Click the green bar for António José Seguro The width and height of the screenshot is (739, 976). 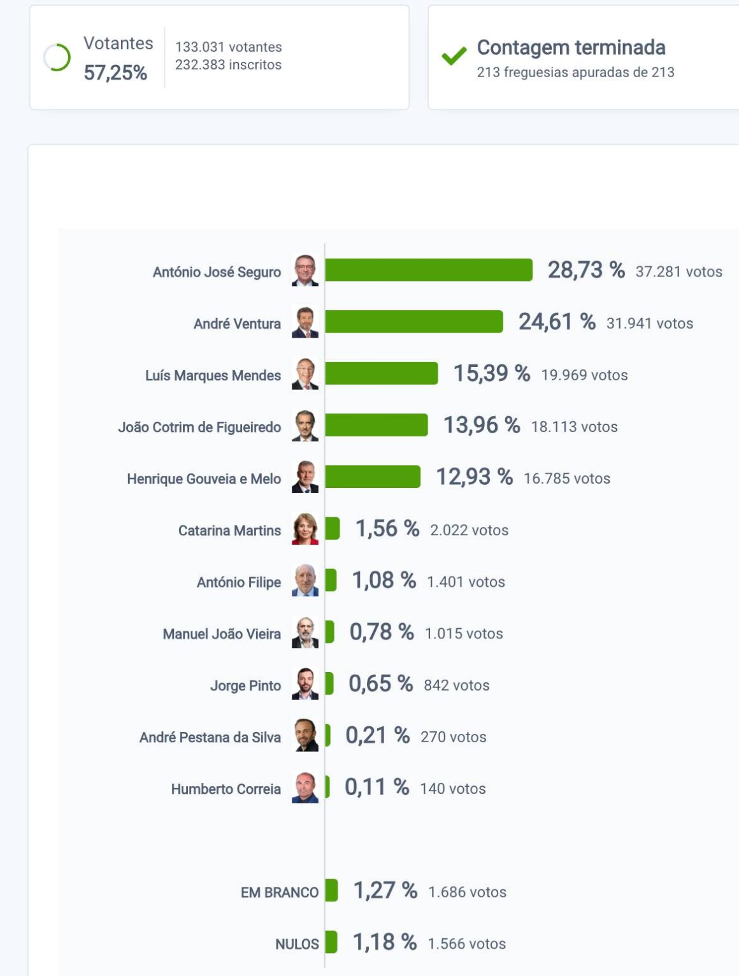tap(428, 270)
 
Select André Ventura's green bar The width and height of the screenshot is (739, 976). tap(413, 322)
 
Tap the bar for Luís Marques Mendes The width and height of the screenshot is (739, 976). tap(381, 373)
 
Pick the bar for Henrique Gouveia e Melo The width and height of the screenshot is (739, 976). tap(372, 477)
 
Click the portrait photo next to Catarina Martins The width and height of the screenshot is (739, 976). tap(305, 529)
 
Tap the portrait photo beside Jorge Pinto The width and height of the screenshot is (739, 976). tap(305, 684)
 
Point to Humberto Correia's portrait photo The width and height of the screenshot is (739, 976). tap(305, 787)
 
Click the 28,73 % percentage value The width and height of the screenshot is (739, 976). tap(585, 270)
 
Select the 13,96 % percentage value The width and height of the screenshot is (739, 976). tap(481, 425)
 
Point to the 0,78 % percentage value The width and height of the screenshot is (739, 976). tap(381, 632)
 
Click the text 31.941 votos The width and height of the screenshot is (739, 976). tap(649, 324)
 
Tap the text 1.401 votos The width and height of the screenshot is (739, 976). tap(466, 582)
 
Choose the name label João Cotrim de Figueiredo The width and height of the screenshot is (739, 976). tap(199, 427)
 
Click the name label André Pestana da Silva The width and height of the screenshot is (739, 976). tap(210, 737)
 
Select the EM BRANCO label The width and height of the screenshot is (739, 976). tap(279, 893)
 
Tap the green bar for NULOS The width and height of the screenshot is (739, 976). tap(331, 942)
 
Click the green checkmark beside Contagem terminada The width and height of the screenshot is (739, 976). tap(454, 57)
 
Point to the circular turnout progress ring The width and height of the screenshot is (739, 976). tap(57, 58)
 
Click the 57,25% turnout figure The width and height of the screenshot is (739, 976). tap(115, 73)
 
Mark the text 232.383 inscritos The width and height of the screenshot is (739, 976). tap(228, 65)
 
